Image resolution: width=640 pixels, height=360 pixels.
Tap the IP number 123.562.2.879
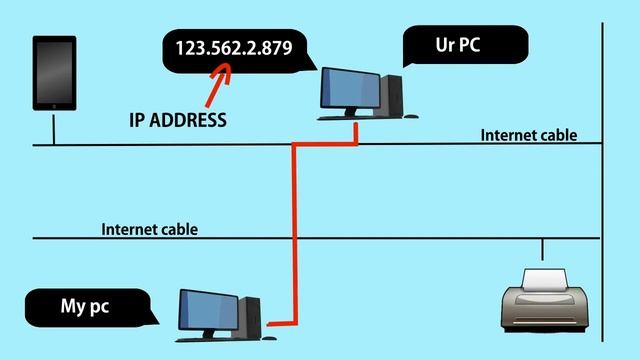point(234,47)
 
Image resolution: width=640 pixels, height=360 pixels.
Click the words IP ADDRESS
point(178,121)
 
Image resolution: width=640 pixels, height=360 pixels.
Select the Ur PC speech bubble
point(464,46)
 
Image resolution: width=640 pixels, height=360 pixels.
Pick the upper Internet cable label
point(529,135)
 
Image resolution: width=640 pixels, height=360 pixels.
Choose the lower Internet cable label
point(150,229)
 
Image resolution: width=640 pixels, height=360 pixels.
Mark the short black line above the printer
point(542,249)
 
